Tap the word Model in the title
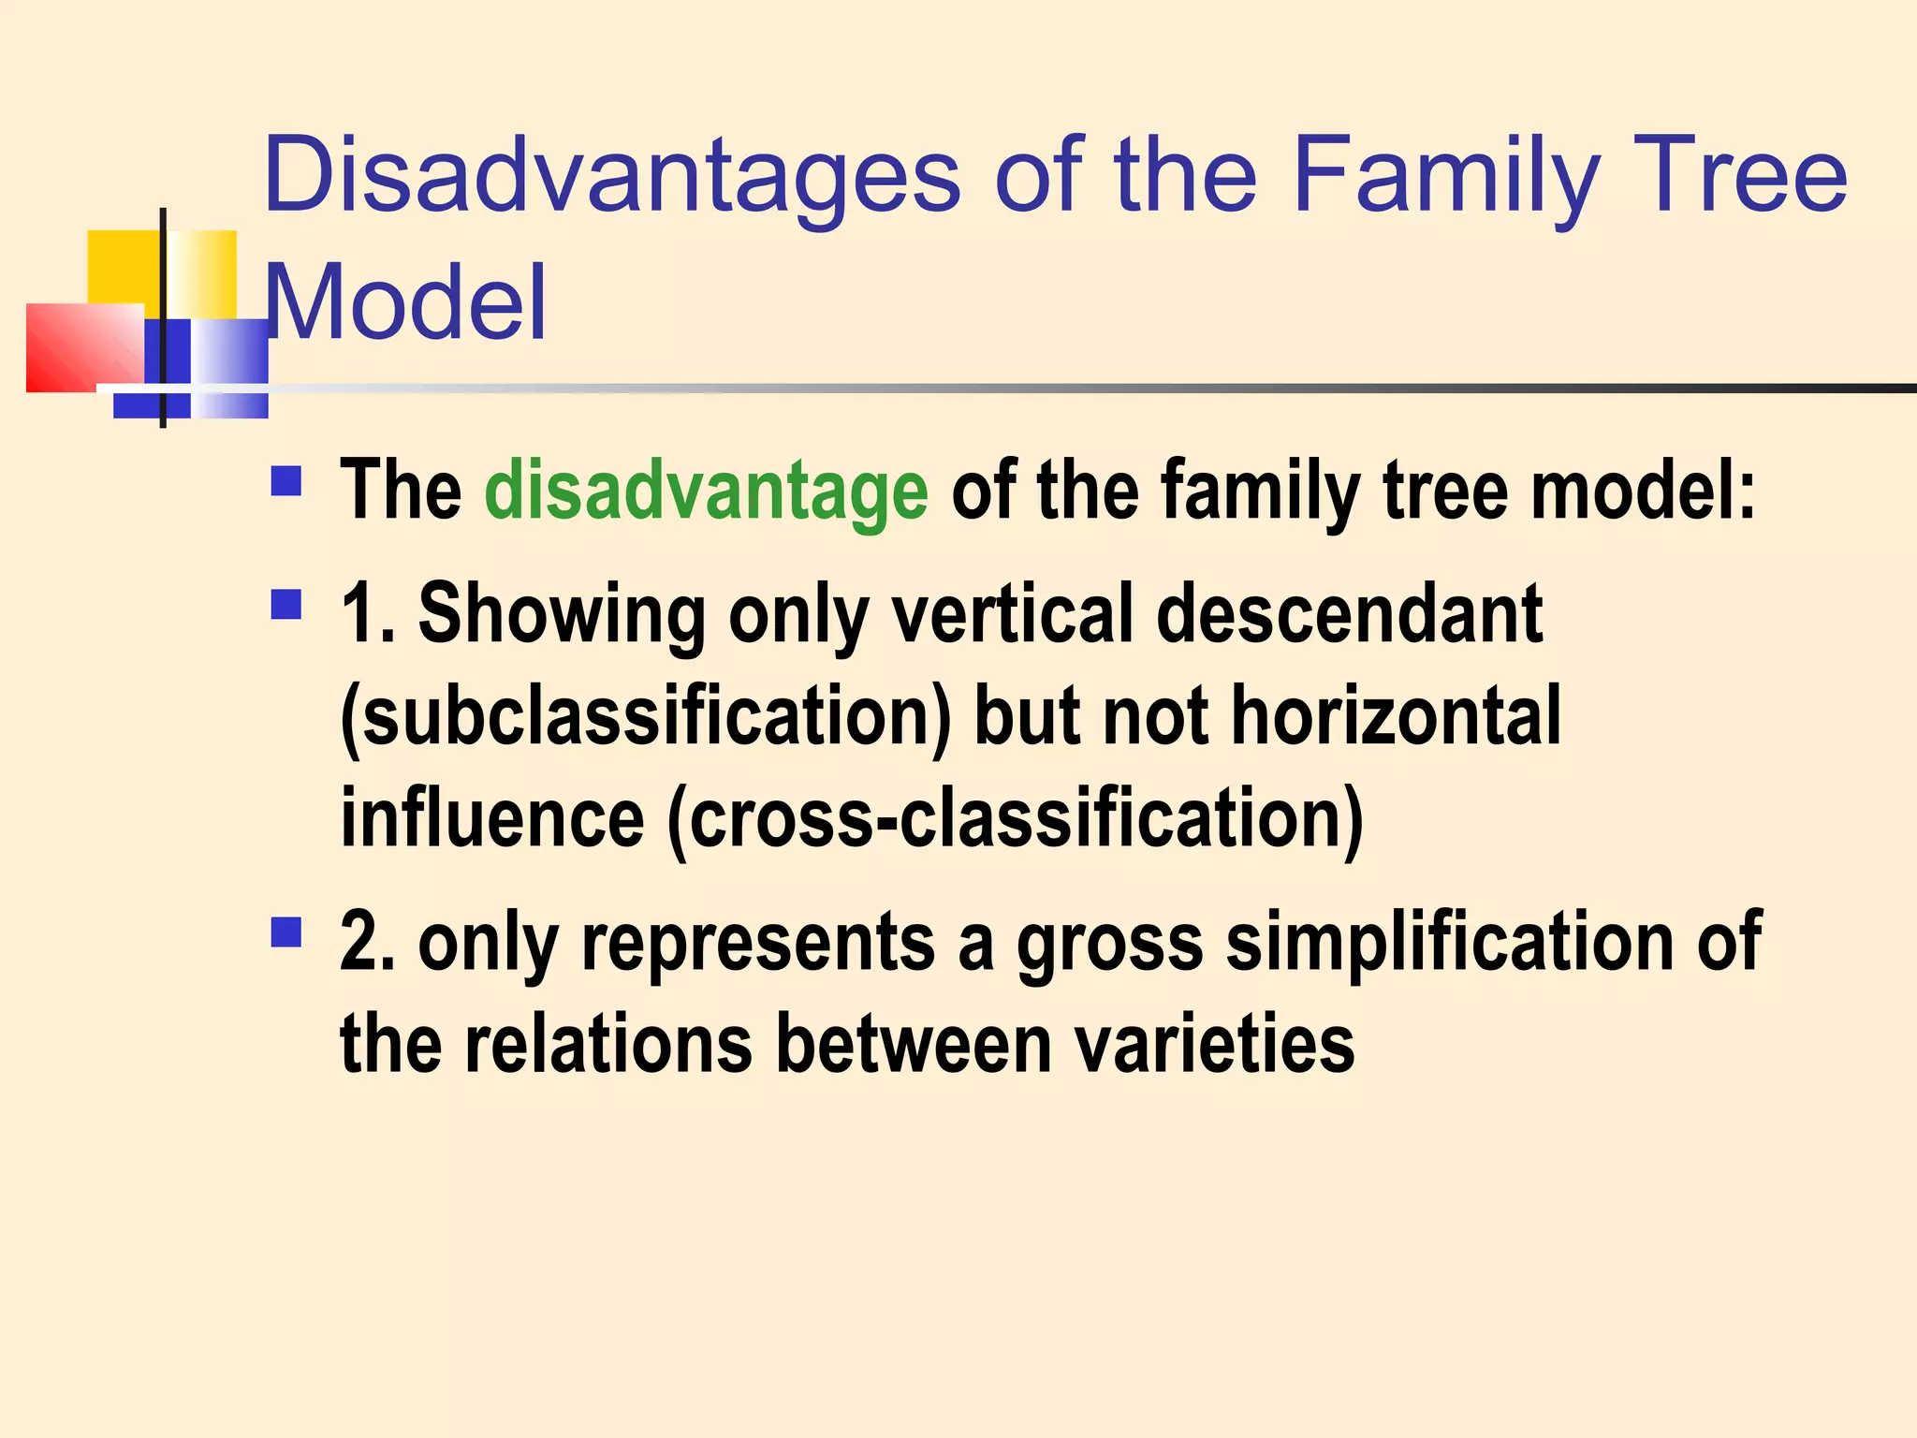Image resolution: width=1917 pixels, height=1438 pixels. coord(405,303)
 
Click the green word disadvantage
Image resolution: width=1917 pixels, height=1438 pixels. coord(706,491)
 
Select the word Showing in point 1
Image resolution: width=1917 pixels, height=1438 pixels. coord(562,614)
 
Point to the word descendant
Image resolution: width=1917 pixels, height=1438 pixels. coord(1349,614)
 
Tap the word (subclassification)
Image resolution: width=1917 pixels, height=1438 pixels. coord(645,717)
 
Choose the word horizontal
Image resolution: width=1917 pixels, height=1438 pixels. coord(1395,717)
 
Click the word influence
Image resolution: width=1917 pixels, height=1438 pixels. coord(492,818)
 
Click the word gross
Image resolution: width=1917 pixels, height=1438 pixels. coord(1110,942)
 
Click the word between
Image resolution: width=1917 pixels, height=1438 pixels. coord(914,1044)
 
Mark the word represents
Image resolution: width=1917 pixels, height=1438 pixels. coord(758,944)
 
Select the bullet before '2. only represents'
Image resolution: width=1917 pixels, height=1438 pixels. coord(286,932)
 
